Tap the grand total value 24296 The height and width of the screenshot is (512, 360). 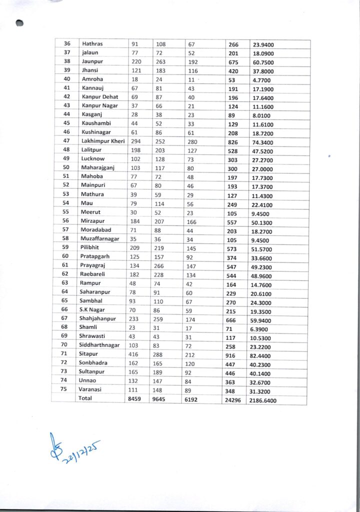pyautogui.click(x=234, y=399)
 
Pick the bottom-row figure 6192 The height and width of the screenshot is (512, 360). pyautogui.click(x=192, y=399)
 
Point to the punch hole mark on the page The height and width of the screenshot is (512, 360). pyautogui.click(x=19, y=22)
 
